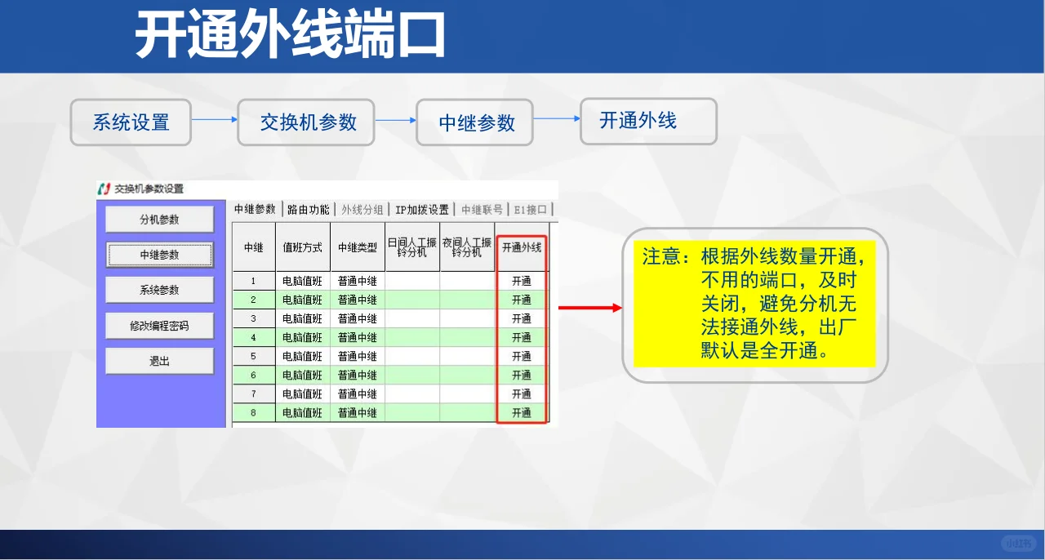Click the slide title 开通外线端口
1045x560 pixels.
tap(290, 36)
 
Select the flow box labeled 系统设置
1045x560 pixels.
tap(131, 122)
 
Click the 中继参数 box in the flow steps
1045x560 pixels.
tap(476, 123)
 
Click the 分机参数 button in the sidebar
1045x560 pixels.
tap(159, 220)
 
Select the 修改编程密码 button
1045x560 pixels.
tap(159, 326)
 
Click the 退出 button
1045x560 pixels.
tap(159, 361)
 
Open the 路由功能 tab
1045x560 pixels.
tap(309, 210)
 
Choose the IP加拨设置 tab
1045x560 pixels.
tap(421, 210)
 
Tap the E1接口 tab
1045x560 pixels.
tap(530, 210)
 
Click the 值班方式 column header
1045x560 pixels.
tap(303, 247)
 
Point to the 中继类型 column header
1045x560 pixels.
tap(358, 247)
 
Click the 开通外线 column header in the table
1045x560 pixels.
tap(521, 247)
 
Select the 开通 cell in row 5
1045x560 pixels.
tap(521, 357)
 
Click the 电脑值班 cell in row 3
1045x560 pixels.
tap(303, 318)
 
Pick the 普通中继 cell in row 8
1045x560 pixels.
tap(358, 413)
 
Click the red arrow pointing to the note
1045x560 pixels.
tap(589, 308)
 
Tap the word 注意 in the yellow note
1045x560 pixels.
tap(661, 257)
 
